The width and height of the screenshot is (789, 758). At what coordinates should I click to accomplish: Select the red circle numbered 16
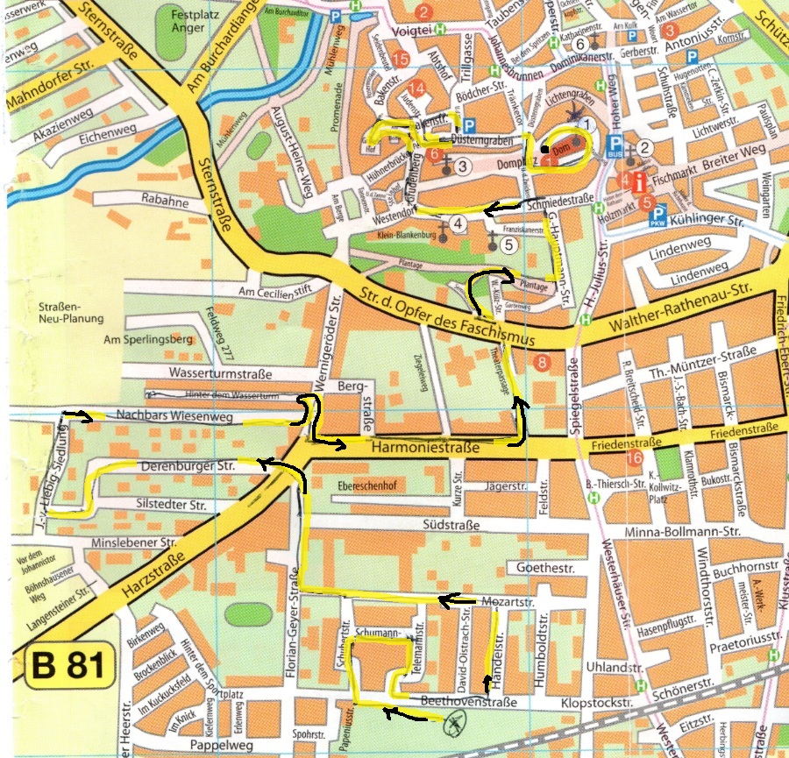(x=635, y=458)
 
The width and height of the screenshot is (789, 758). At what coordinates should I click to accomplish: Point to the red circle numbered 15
(x=402, y=60)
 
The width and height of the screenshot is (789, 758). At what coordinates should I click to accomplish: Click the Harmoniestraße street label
(x=425, y=448)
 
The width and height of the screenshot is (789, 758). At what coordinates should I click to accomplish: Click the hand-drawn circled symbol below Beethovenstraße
(x=454, y=724)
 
